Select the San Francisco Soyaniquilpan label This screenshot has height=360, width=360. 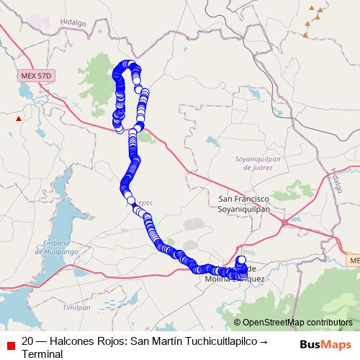pyautogui.click(x=243, y=201)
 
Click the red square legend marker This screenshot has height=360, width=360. pyautogui.click(x=9, y=343)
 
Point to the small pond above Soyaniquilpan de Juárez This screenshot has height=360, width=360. pyautogui.click(x=210, y=141)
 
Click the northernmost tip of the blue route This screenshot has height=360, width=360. pyautogui.click(x=128, y=63)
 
